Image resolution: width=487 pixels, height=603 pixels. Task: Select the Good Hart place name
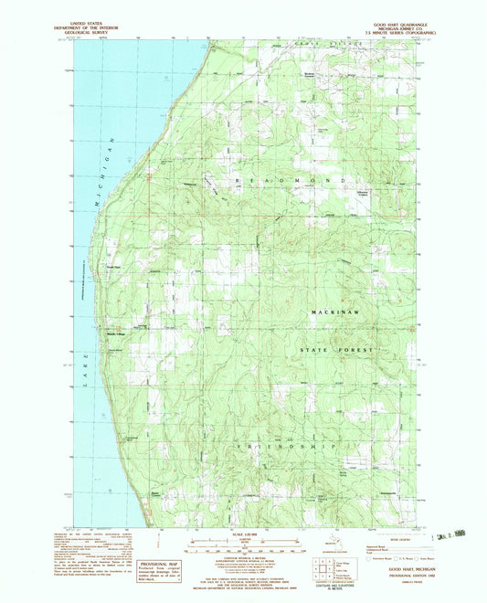(x=111, y=268)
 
